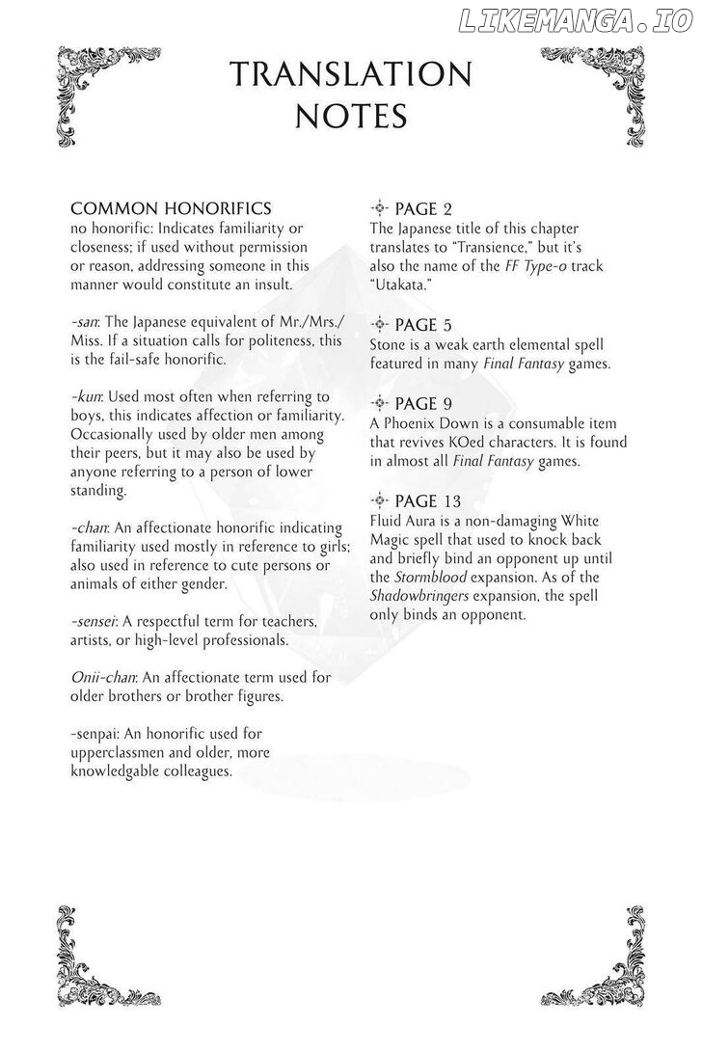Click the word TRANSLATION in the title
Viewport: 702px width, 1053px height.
click(351, 74)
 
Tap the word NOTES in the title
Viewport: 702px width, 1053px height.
click(351, 116)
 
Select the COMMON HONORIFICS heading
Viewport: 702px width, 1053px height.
click(171, 208)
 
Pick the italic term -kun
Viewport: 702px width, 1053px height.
click(87, 396)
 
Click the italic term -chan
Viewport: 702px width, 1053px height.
click(91, 527)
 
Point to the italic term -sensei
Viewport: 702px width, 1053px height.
click(95, 622)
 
